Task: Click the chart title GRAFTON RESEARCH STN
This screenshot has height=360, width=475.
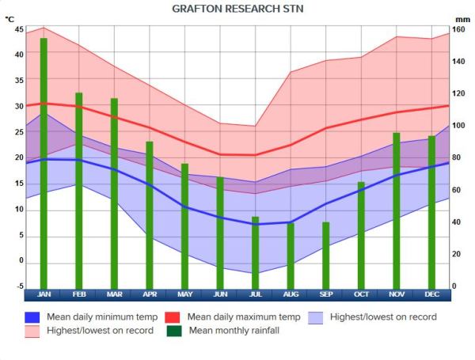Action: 237,9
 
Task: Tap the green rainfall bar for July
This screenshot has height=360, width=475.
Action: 255,252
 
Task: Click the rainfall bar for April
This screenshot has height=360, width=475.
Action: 149,214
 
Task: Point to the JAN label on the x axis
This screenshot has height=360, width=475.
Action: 44,295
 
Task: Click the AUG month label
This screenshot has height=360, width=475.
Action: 291,295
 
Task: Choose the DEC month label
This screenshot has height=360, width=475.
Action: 431,295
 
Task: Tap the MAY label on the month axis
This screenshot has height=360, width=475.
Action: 184,295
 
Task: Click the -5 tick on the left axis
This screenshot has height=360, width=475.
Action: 20,287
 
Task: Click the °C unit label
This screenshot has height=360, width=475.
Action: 9,28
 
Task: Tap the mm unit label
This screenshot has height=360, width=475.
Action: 462,19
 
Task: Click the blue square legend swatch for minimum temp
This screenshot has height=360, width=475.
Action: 32,317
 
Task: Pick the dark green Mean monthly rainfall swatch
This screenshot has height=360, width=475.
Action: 173,331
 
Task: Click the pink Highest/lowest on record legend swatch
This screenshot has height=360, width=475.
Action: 32,331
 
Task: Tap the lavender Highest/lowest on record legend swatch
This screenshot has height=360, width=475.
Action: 315,317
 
